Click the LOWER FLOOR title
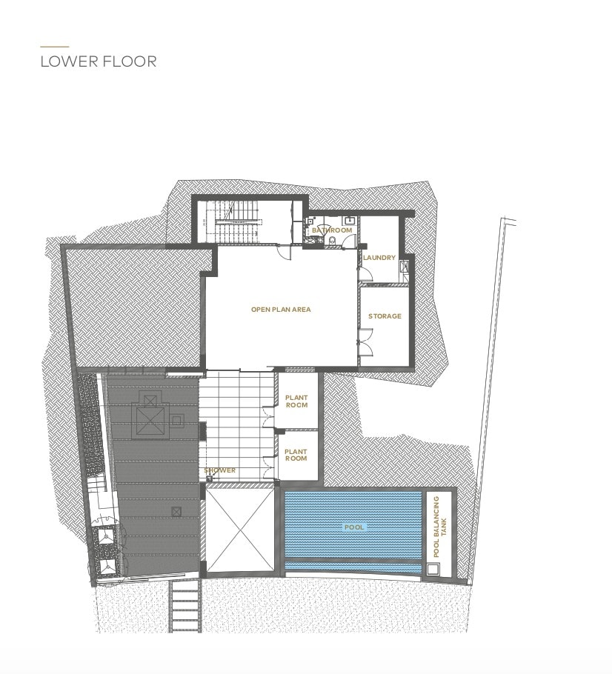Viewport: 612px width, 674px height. click(x=99, y=61)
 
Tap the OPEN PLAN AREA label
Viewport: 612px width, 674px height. click(x=281, y=310)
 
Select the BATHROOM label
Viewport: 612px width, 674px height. click(x=332, y=230)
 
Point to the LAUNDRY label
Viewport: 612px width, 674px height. click(x=379, y=258)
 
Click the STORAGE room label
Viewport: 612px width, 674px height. click(x=385, y=316)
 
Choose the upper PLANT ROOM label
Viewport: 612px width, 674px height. click(x=297, y=401)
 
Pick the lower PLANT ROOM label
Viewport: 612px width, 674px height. click(x=296, y=455)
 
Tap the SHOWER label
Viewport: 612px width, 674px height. click(x=220, y=470)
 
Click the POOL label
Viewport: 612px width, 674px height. click(x=354, y=527)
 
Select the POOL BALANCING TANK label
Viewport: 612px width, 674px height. click(x=440, y=527)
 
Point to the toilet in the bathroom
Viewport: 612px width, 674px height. click(x=331, y=241)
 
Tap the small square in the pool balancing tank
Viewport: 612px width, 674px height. click(x=432, y=570)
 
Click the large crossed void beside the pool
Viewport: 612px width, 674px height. click(x=240, y=530)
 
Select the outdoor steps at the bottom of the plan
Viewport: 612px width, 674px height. click(x=185, y=606)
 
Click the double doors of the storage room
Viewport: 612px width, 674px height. click(x=365, y=343)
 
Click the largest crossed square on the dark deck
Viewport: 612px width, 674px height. click(x=150, y=421)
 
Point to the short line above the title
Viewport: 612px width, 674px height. click(x=55, y=47)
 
